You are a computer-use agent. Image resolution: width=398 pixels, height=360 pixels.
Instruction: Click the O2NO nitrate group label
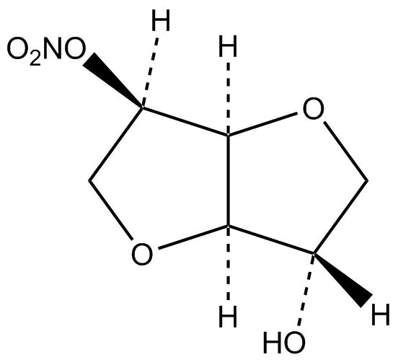pyautogui.click(x=46, y=50)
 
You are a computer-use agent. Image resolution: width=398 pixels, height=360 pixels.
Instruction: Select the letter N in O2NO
pyautogui.click(x=53, y=48)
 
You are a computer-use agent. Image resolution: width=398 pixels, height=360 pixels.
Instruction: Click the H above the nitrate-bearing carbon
pyautogui.click(x=161, y=20)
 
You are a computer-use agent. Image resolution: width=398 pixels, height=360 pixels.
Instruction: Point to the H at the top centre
pyautogui.click(x=228, y=46)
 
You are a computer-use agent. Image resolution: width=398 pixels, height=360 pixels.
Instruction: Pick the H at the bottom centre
pyautogui.click(x=228, y=316)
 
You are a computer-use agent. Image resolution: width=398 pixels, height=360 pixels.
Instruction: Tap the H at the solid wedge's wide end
pyautogui.click(x=380, y=315)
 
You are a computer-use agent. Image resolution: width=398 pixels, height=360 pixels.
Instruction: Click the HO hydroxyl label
pyautogui.click(x=284, y=342)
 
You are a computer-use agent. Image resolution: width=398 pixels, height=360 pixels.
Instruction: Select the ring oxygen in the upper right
pyautogui.click(x=314, y=109)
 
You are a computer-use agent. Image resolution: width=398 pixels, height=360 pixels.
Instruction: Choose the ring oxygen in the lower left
pyautogui.click(x=142, y=254)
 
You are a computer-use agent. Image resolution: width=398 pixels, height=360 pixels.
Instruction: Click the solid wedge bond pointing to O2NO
pyautogui.click(x=113, y=81)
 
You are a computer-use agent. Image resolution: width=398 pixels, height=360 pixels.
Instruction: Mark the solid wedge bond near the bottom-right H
pyautogui.click(x=342, y=280)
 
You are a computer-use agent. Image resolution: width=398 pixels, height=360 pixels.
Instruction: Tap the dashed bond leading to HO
pyautogui.click(x=306, y=289)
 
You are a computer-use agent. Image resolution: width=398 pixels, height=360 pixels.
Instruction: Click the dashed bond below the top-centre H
pyautogui.click(x=228, y=98)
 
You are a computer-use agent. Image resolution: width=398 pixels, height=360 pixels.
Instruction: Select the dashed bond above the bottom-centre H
pyautogui.click(x=228, y=263)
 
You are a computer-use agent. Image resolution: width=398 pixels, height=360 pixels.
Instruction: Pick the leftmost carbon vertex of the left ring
pyautogui.click(x=89, y=181)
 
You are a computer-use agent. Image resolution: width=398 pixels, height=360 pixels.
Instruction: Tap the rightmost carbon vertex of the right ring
pyautogui.click(x=367, y=181)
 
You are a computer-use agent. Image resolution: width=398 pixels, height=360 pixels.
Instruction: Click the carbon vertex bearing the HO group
pyautogui.click(x=314, y=253)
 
